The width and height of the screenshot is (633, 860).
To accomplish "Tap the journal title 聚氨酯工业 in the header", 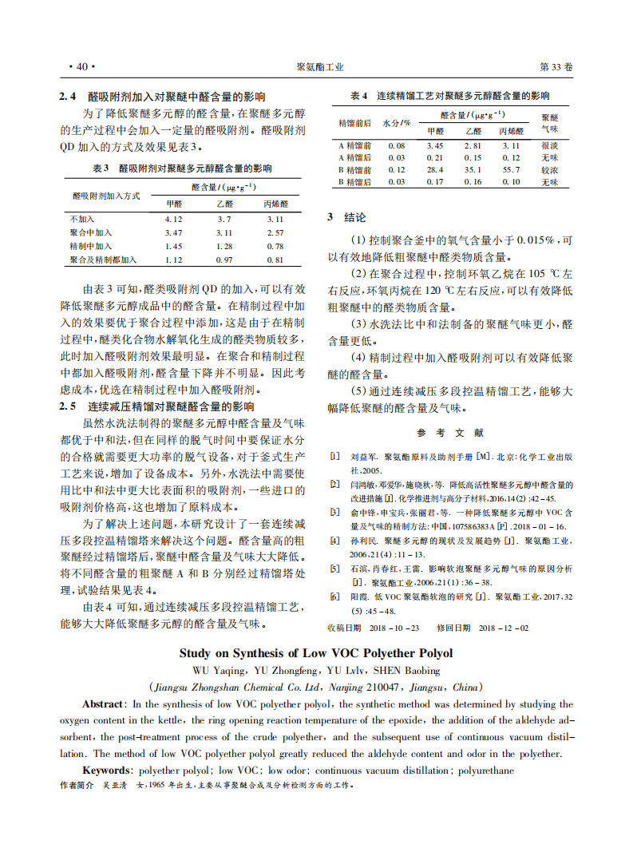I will coord(319,68).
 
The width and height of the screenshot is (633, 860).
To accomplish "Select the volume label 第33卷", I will coord(556,68).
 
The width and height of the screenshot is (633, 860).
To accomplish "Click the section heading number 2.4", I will coord(68,97).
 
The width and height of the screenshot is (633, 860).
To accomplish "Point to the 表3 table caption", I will coord(100,168).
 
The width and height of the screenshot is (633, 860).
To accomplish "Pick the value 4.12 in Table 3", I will coord(173,219).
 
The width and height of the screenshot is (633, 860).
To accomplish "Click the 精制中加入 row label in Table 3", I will coord(91,246).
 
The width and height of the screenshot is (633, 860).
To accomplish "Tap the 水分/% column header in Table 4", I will coord(397,124).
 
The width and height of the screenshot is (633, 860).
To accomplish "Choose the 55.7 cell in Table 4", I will coord(511,170).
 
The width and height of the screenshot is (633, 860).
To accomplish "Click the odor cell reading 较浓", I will coord(549,170).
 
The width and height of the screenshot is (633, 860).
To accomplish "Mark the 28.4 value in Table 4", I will coord(434,170).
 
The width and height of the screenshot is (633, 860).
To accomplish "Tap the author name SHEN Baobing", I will coord(404,671).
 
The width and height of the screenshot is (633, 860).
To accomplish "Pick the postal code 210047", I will coord(386,687).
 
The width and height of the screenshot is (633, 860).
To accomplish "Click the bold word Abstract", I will coord(103,704).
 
